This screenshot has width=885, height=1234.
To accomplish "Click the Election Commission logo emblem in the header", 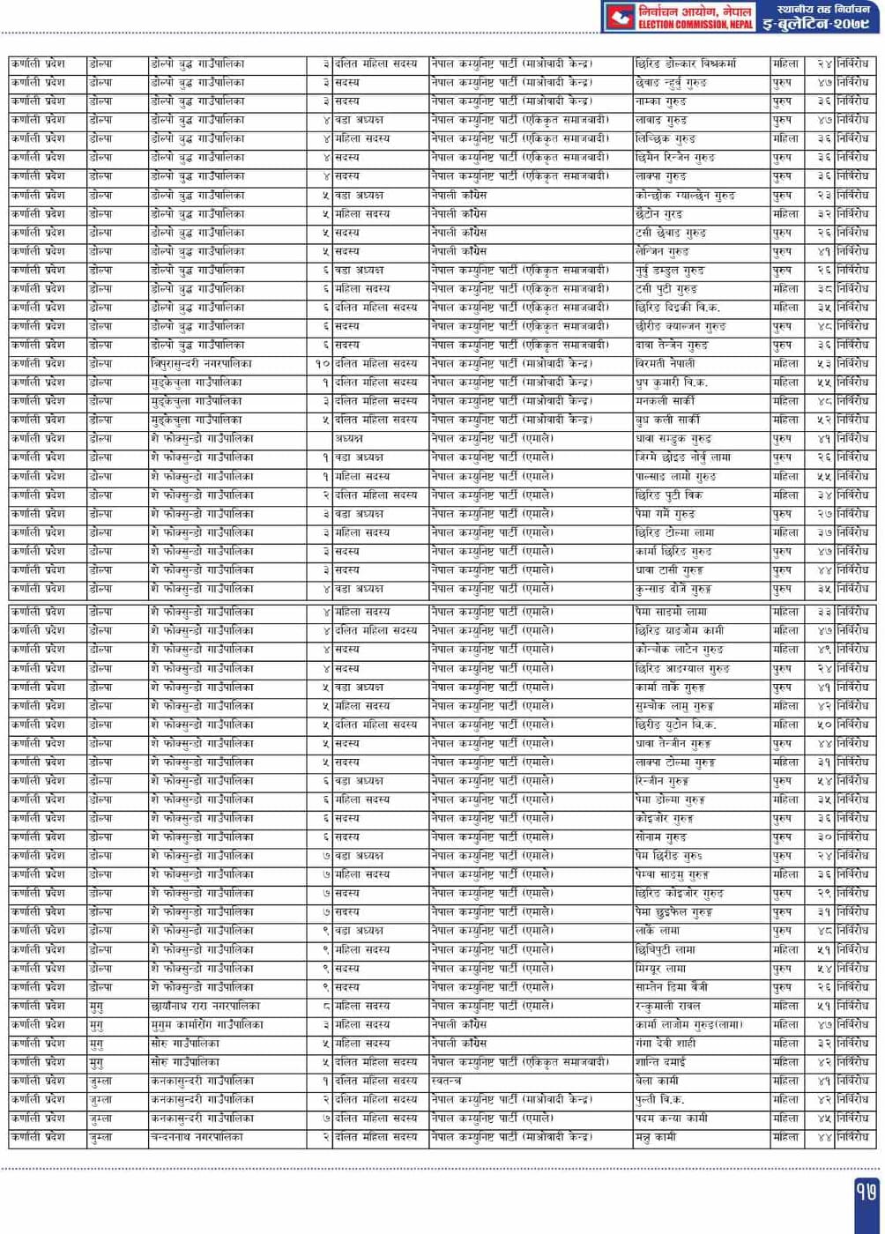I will pyautogui.click(x=620, y=16).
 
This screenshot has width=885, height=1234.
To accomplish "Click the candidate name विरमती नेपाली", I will pyautogui.click(x=665, y=363).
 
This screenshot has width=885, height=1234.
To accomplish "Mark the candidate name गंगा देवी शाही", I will pyautogui.click(x=665, y=1044).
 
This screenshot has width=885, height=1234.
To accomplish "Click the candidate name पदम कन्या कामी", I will pyautogui.click(x=671, y=1119).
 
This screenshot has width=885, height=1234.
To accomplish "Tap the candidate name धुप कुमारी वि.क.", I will pyautogui.click(x=671, y=383).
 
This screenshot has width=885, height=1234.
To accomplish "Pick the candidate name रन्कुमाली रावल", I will pyautogui.click(x=667, y=1006).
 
